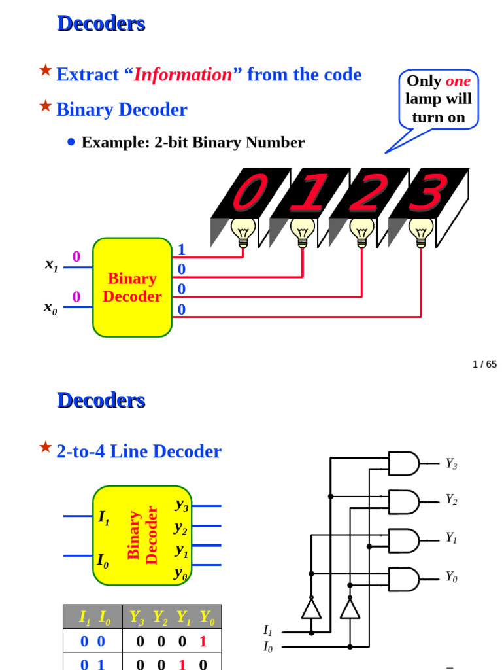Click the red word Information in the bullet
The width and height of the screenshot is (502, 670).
tap(183, 75)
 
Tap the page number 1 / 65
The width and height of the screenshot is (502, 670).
tap(484, 364)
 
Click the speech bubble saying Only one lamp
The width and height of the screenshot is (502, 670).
tap(439, 99)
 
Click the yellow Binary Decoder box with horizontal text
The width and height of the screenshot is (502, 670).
tap(132, 287)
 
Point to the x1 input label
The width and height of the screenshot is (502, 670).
tap(51, 265)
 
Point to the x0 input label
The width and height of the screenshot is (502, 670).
tap(50, 308)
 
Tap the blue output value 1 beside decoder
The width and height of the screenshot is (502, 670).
tap(182, 249)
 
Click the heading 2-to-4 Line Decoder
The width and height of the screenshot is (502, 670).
tap(139, 451)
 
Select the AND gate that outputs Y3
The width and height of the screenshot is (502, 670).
tap(404, 463)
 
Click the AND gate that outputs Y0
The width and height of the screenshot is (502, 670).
tap(404, 579)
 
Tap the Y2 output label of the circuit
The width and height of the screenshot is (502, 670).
tap(451, 500)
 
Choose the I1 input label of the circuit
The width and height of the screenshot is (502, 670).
tap(267, 630)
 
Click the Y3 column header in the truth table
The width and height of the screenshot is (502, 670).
tap(137, 617)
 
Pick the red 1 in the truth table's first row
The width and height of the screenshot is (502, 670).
tap(203, 642)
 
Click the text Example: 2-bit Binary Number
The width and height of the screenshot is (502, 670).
tap(193, 143)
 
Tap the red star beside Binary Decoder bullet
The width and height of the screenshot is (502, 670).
tap(45, 105)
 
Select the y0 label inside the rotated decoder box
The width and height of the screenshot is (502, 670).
tap(181, 574)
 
